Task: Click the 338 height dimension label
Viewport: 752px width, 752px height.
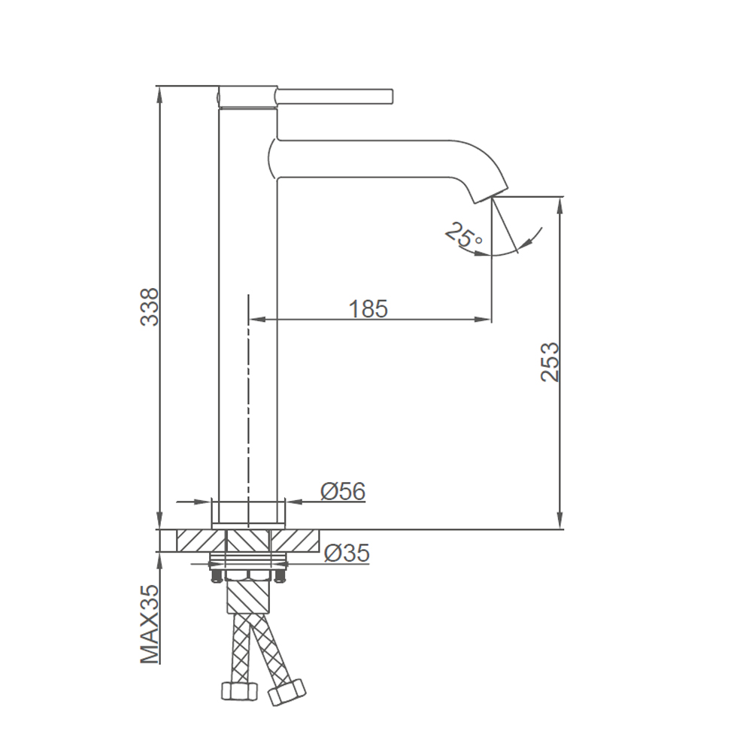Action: coord(149,307)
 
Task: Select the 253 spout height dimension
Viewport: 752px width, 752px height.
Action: coord(550,362)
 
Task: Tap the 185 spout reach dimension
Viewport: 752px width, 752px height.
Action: coord(368,308)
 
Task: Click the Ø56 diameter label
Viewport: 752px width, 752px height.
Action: coord(343,490)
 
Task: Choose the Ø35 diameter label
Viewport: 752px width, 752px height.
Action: coord(347,553)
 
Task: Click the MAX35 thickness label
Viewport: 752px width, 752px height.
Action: coord(149,624)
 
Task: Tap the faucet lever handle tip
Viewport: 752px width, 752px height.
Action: coord(391,96)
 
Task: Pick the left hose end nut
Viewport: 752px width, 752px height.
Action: coord(239,690)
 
